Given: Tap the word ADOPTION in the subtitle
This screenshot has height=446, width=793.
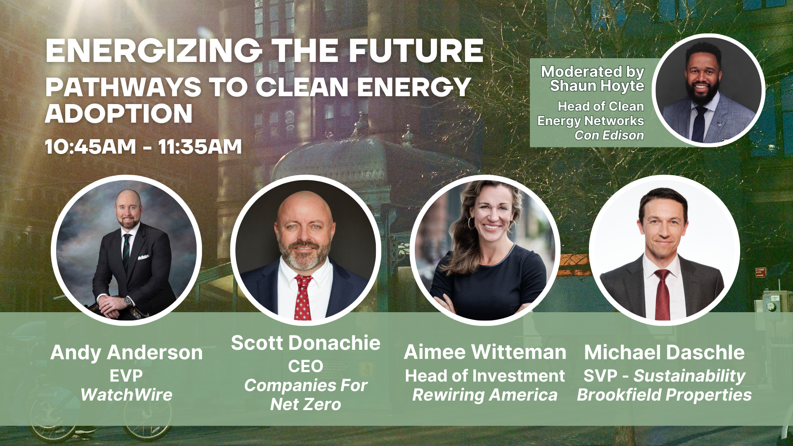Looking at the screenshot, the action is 119,114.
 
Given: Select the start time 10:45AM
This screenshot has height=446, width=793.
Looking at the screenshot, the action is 90,147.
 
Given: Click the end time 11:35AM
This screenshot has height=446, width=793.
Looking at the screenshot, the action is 200,147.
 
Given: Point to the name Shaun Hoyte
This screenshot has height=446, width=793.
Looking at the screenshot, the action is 597,86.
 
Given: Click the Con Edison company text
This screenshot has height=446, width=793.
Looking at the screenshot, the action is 609,135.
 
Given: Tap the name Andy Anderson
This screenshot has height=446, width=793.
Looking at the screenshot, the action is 126,353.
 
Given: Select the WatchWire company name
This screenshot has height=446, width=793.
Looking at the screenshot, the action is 126,395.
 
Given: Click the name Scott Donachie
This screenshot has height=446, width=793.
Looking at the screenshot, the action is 306,343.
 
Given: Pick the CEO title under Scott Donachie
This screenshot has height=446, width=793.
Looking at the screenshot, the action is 306,366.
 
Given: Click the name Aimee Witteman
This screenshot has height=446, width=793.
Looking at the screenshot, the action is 485,352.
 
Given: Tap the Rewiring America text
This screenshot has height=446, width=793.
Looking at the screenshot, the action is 485,395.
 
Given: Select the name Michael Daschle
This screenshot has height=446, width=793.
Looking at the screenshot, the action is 664,353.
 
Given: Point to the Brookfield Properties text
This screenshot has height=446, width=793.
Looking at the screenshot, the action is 664,395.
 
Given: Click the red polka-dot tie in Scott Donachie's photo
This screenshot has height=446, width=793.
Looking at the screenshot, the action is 303,297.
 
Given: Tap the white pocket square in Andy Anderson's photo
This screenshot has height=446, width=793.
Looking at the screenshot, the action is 143,257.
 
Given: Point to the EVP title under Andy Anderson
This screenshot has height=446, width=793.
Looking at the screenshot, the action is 126,376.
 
